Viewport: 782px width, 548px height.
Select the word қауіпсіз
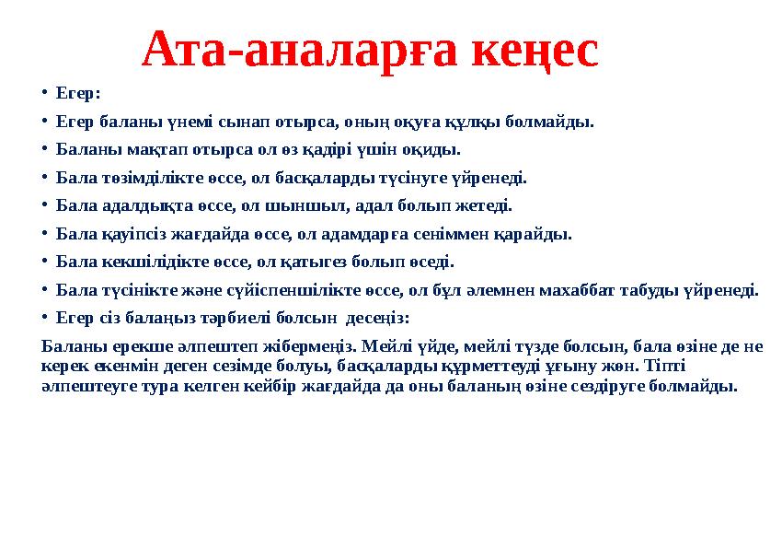pos(124,234)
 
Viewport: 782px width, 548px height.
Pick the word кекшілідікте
pos(138,262)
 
